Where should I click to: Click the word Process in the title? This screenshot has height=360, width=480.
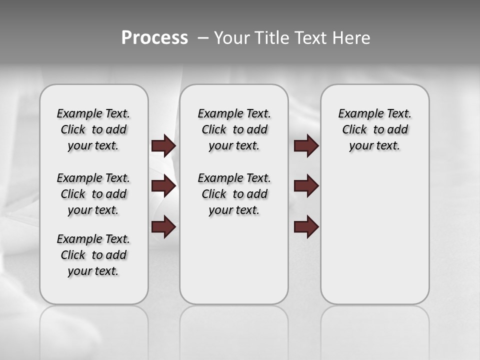pos(154,38)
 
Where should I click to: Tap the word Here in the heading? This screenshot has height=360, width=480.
pos(352,38)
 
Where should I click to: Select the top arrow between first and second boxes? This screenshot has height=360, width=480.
pos(163,145)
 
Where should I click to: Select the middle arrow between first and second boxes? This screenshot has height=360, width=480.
pos(163,186)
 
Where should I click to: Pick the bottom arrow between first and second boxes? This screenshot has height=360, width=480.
pos(163,227)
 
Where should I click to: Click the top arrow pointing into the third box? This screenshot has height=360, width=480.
pos(306,145)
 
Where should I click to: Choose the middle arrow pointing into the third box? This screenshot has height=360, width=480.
pos(306,186)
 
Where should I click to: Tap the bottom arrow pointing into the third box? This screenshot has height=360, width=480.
pos(306,227)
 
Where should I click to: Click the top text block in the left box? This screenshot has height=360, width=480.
pos(93,129)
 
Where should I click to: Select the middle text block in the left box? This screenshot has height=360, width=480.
pos(93,194)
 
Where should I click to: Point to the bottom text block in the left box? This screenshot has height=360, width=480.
pos(93,255)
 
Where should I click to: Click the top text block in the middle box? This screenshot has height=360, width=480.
pos(234,129)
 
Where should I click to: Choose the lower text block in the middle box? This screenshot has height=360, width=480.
pos(234,194)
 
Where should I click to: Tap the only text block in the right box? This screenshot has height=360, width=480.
pos(374,129)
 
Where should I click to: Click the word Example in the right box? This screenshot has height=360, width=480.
pos(357,113)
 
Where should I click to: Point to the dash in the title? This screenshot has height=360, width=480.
pos(203,38)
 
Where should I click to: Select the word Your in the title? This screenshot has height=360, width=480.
pos(232,38)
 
